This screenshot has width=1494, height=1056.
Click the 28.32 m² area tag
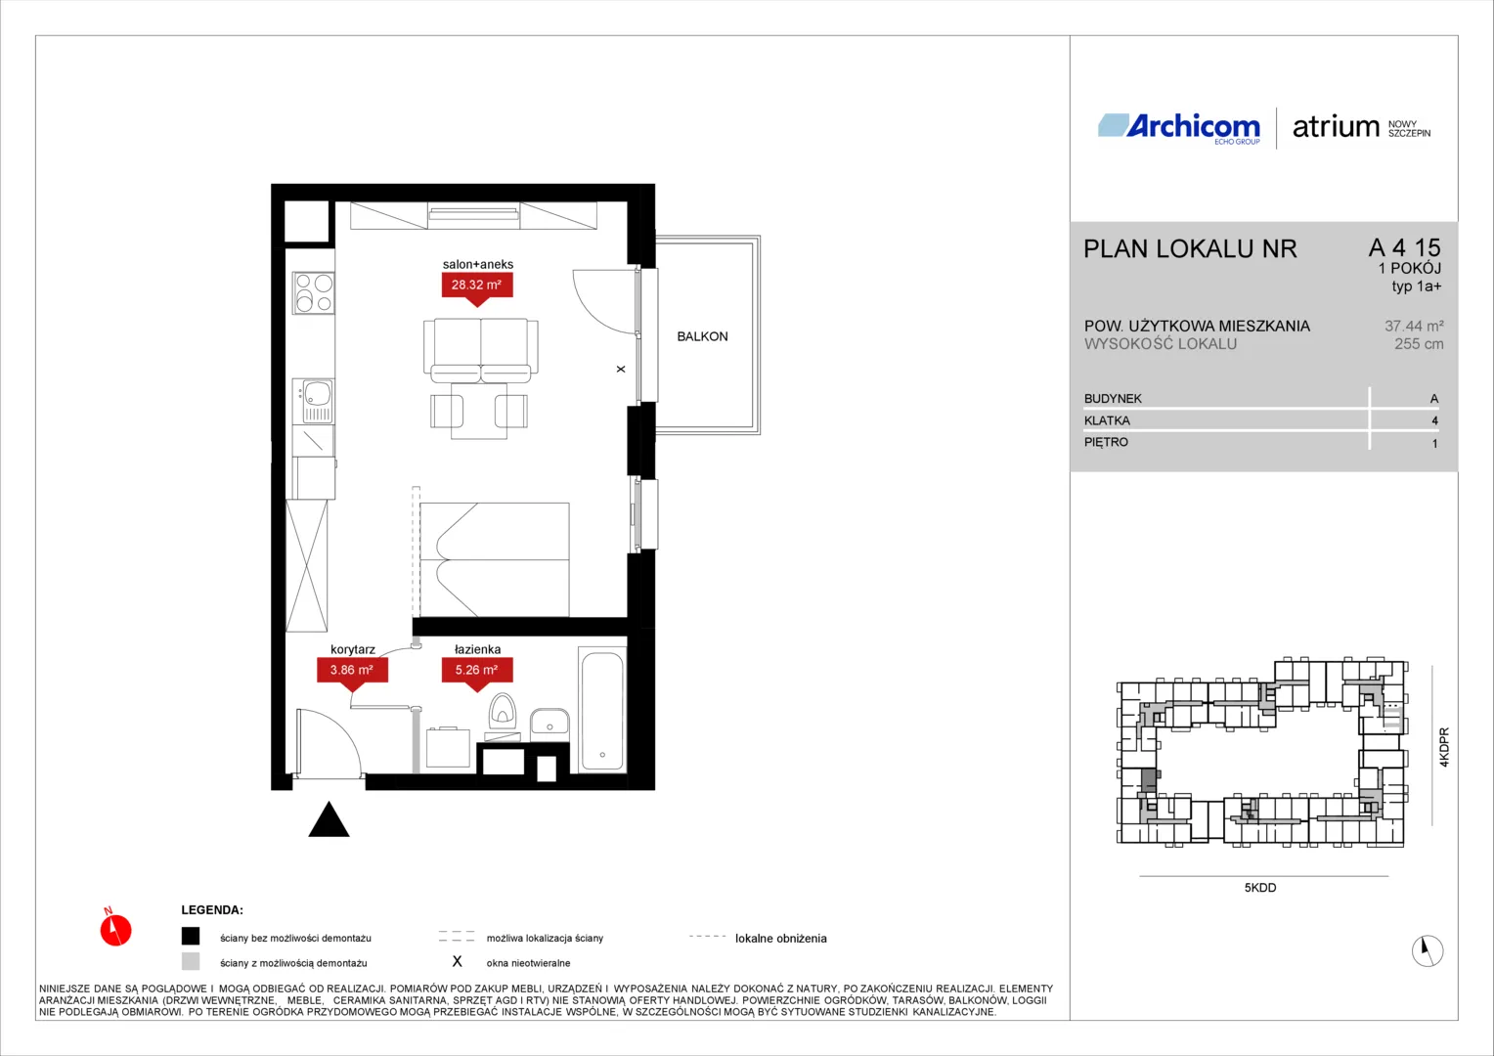[x=477, y=286]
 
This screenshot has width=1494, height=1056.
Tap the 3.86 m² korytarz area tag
[x=352, y=671]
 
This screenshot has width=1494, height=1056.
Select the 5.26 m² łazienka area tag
[x=477, y=671]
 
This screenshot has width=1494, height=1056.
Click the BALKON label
[x=702, y=337]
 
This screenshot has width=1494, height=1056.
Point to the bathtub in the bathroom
[x=602, y=711]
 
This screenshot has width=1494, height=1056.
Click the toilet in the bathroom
[x=503, y=713]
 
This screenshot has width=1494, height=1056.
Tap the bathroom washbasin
[x=549, y=722]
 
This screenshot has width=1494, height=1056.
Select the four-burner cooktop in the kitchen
[x=314, y=293]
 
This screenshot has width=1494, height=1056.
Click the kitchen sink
[x=315, y=401]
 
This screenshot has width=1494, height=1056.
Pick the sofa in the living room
[x=480, y=350]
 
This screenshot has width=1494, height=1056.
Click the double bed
[x=494, y=559]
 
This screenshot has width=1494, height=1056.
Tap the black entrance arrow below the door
[x=329, y=819]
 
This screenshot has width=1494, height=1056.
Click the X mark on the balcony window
[x=620, y=369]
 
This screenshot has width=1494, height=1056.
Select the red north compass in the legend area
[x=115, y=928]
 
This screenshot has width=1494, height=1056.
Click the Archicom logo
[x=1179, y=127]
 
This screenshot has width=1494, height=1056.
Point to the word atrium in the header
[x=1336, y=127]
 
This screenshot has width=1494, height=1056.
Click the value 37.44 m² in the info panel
[x=1414, y=327]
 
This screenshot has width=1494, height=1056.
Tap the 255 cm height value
[x=1419, y=344]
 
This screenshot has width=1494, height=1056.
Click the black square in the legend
[x=191, y=936]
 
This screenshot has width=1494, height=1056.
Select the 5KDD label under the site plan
[x=1260, y=888]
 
